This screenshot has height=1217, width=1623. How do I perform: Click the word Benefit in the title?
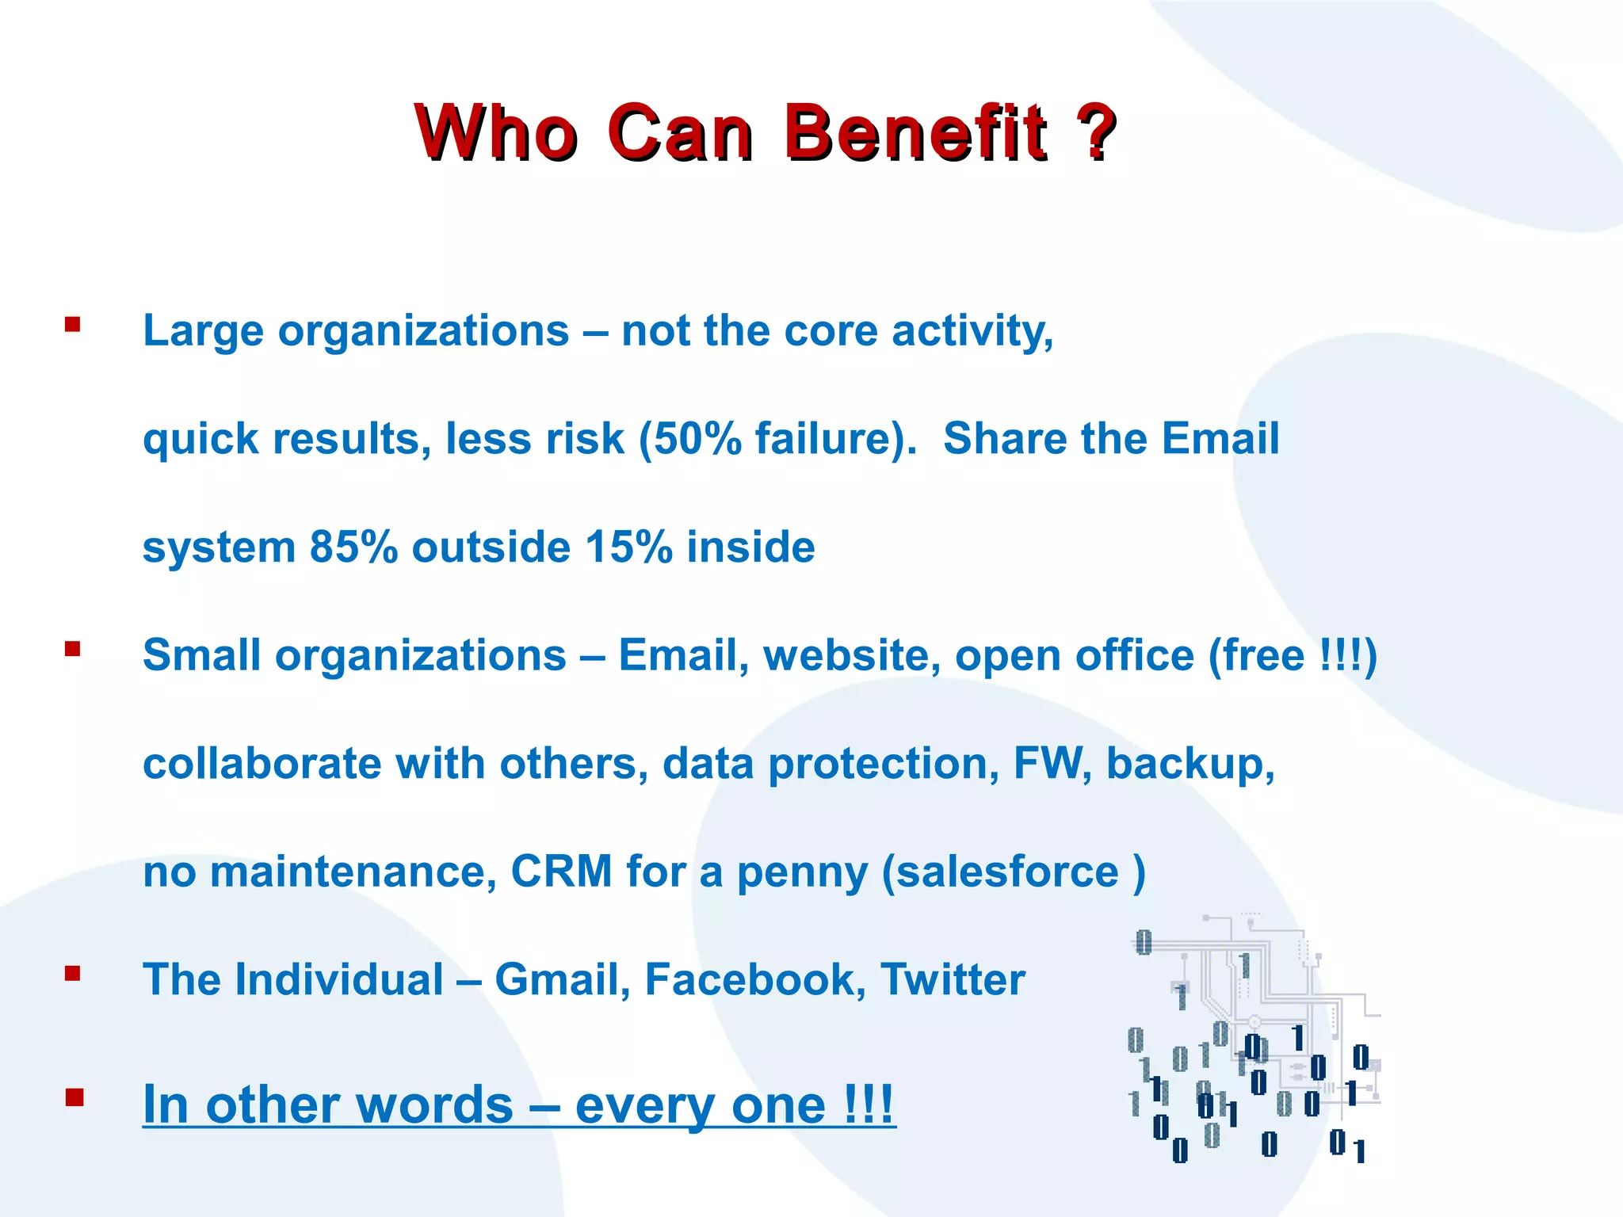tap(915, 132)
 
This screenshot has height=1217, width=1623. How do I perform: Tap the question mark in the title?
tap(1094, 132)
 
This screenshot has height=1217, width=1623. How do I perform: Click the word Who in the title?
tap(496, 132)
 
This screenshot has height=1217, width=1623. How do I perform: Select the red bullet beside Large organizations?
tap(73, 324)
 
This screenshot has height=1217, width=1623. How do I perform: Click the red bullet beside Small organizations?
tap(73, 650)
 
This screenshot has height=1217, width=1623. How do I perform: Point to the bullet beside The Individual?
tap(73, 974)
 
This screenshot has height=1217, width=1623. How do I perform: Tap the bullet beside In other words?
tap(74, 1097)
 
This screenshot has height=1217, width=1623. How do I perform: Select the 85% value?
tap(353, 547)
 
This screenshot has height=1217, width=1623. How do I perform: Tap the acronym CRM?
tap(561, 872)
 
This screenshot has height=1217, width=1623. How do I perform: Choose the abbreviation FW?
tap(1047, 763)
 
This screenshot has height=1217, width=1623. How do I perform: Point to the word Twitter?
tap(953, 980)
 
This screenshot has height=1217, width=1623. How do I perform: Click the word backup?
tap(1189, 765)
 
